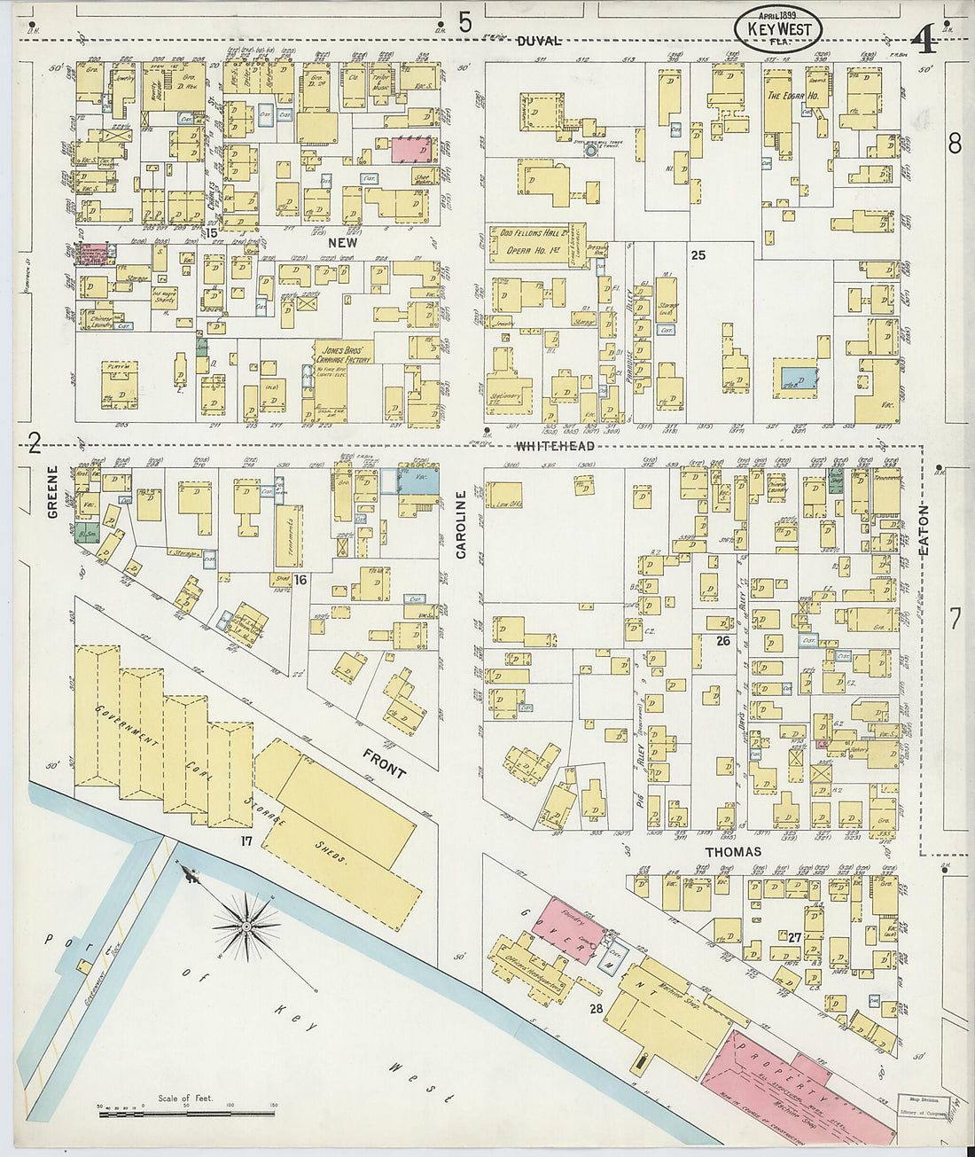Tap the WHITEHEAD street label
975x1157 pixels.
coord(555,446)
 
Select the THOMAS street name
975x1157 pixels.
coord(732,852)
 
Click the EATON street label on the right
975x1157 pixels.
coord(924,530)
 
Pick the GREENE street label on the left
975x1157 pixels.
coord(53,491)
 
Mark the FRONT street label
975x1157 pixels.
coord(384,762)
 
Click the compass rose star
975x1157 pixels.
coord(246,926)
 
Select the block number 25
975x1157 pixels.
coord(698,255)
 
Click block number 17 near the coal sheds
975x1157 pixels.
coord(246,838)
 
